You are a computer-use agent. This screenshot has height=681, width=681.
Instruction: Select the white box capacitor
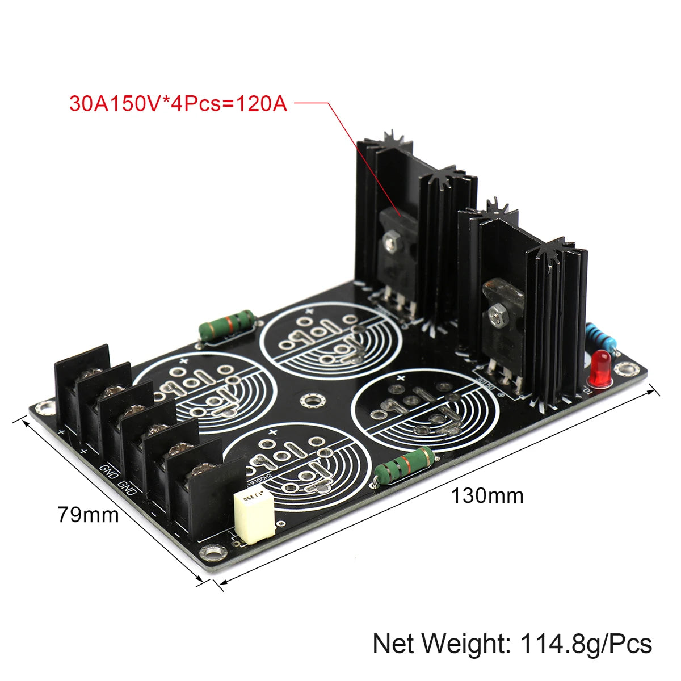253,516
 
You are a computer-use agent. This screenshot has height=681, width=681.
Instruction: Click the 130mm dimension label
487,495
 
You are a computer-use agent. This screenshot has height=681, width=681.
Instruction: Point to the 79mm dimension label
88,515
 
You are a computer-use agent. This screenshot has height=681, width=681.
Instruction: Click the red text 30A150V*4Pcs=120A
178,104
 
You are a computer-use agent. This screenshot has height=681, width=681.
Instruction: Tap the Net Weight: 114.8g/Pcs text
512,644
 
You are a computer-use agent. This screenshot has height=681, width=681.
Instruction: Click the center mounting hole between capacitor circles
310,401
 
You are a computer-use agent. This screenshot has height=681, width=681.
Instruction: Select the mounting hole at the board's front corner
213,551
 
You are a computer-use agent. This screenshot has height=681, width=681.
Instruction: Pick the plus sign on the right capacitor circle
401,377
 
